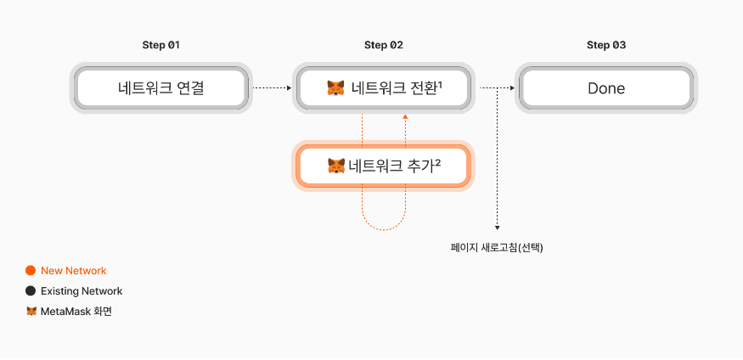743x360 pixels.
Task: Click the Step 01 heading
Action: [161, 45]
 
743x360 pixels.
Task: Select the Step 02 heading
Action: [383, 45]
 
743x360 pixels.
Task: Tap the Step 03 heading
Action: [606, 45]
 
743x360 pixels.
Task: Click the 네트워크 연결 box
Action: [161, 87]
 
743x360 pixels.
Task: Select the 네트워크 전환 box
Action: [383, 87]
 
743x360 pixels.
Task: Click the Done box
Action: [606, 87]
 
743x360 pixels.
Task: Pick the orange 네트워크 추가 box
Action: [383, 166]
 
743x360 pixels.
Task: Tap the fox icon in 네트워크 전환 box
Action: [336, 88]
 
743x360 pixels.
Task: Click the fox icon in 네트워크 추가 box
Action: [336, 166]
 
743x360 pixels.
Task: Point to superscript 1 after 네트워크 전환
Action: [442, 83]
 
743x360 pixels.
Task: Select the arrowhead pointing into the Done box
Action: [511, 87]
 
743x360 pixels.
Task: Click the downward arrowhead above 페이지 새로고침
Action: [497, 227]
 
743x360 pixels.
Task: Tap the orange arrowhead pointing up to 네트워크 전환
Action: [405, 120]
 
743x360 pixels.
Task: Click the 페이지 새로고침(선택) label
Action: [497, 248]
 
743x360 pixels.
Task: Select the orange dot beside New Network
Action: [31, 271]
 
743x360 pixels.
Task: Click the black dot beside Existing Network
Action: [31, 291]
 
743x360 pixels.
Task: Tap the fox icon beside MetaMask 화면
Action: [31, 312]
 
